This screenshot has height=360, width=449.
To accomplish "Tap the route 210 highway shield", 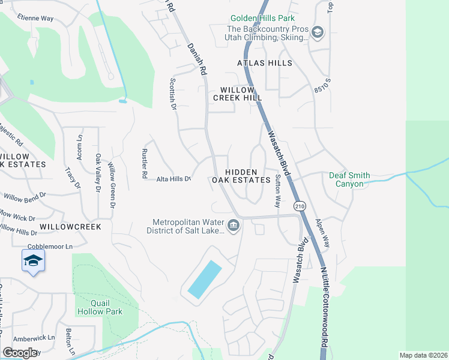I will click(299, 206).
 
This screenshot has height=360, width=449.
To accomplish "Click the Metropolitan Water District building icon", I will click(234, 226).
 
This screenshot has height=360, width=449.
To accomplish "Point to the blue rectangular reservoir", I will click(204, 280).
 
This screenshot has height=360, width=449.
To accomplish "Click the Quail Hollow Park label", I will click(100, 307).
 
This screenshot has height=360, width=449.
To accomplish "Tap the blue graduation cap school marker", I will click(33, 261).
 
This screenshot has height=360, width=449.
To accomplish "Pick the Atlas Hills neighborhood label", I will click(264, 63).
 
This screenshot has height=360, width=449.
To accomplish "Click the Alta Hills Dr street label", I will click(173, 179).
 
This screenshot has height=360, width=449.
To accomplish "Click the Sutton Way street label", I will click(277, 192).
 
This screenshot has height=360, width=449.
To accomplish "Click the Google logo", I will click(20, 353).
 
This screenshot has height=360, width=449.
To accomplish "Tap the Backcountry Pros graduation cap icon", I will click(318, 32).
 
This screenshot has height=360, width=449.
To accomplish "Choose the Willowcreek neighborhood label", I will click(70, 227).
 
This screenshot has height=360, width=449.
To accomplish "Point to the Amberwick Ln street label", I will click(35, 338).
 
